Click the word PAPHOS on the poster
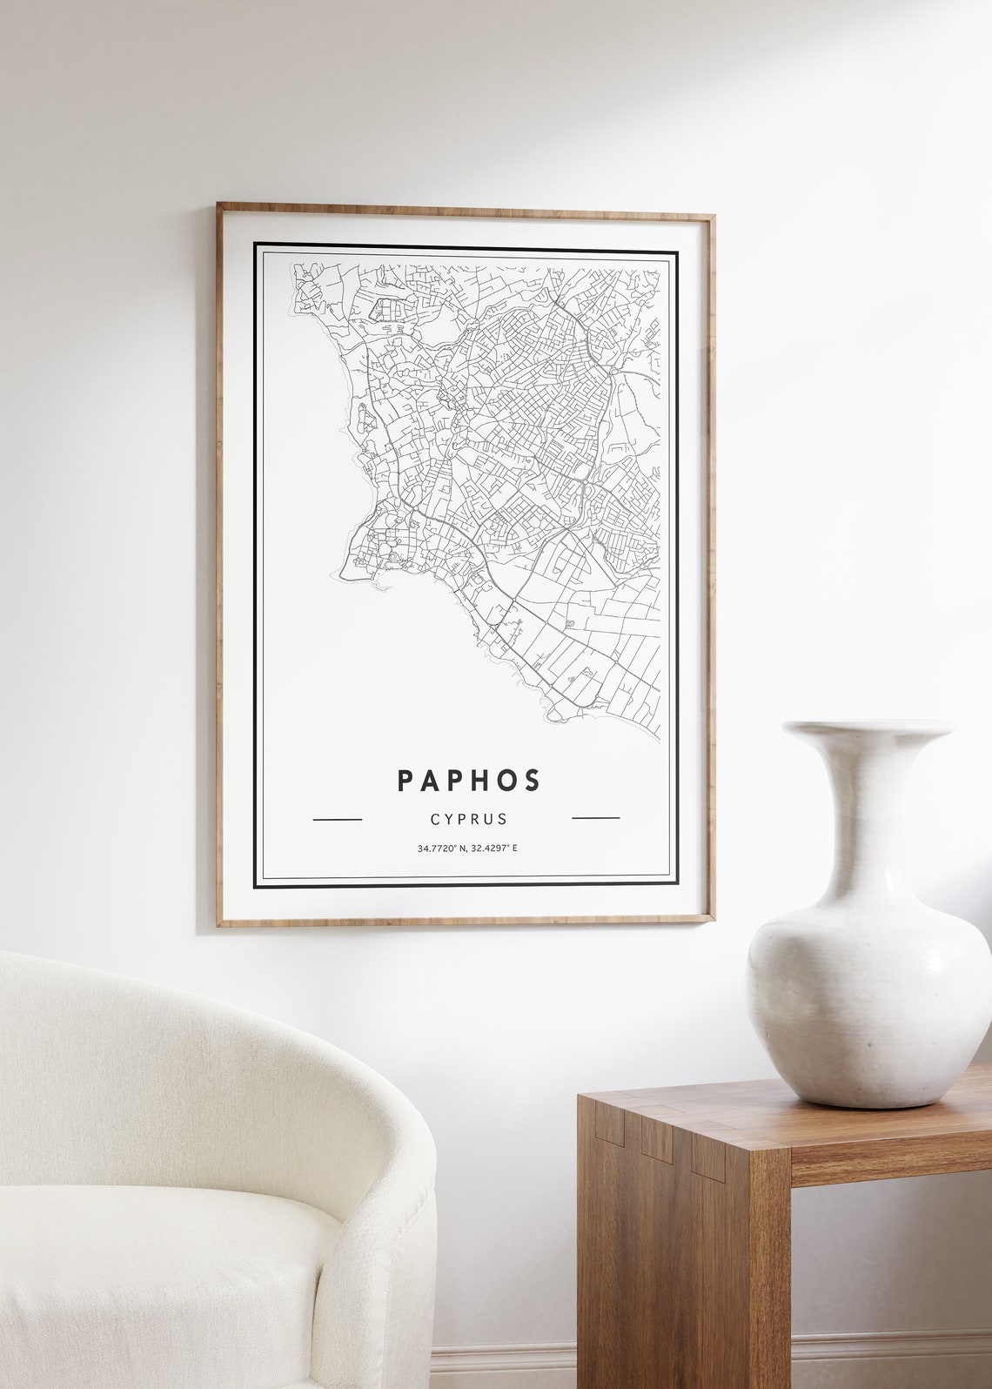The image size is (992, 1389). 468,780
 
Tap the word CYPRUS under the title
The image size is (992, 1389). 468,819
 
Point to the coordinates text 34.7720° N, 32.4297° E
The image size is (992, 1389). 467,848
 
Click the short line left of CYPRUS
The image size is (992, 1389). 337,819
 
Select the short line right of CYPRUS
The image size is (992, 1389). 595,818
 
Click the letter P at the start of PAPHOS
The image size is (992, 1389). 405,780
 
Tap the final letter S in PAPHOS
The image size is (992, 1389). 532,780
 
